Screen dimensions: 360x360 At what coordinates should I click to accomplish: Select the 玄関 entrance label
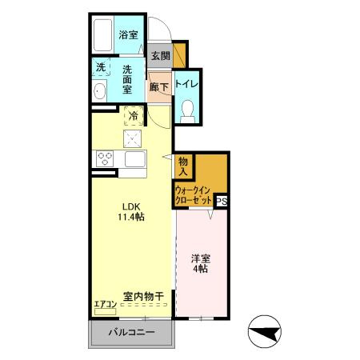point(160,56)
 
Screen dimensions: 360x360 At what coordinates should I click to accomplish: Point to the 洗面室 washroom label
point(128,79)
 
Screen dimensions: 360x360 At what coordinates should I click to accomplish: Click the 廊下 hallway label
point(158,86)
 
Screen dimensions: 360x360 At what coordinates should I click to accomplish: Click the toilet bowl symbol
point(188,109)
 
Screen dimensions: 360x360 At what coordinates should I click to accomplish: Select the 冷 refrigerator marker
point(134,117)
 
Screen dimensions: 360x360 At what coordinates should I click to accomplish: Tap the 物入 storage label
point(183,166)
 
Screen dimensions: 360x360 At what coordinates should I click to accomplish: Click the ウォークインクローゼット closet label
point(194,196)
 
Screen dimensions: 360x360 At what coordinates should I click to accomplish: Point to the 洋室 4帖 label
point(200,264)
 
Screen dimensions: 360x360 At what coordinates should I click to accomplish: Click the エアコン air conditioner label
point(105,303)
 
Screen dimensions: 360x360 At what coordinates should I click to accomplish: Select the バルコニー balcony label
point(130,332)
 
